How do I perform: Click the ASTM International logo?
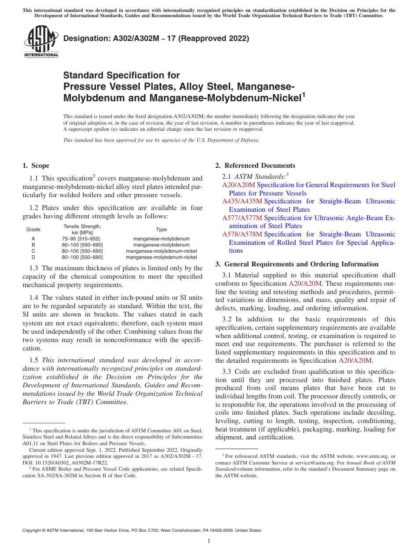pyautogui.click(x=40, y=42)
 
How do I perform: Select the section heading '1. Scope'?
pyautogui.click(x=36, y=166)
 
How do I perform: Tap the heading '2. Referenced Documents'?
pyautogui.click(x=255, y=166)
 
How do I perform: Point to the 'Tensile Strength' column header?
pyautogui.click(x=82, y=226)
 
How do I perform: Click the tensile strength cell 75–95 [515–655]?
pyautogui.click(x=81, y=238)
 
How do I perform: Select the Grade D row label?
pyautogui.click(x=33, y=257)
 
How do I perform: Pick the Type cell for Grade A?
pyautogui.click(x=161, y=238)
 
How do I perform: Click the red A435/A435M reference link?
pyautogui.click(x=242, y=201)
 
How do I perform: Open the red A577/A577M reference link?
pyautogui.click(x=242, y=218)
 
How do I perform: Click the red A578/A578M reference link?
pyautogui.click(x=242, y=234)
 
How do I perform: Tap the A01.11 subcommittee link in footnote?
pyautogui.click(x=29, y=443)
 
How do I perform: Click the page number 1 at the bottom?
pyautogui.click(x=209, y=541)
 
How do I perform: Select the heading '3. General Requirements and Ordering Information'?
pyautogui.click(x=297, y=264)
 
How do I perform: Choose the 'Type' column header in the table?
pyautogui.click(x=161, y=229)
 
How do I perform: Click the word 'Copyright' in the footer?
pyautogui.click(x=33, y=531)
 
